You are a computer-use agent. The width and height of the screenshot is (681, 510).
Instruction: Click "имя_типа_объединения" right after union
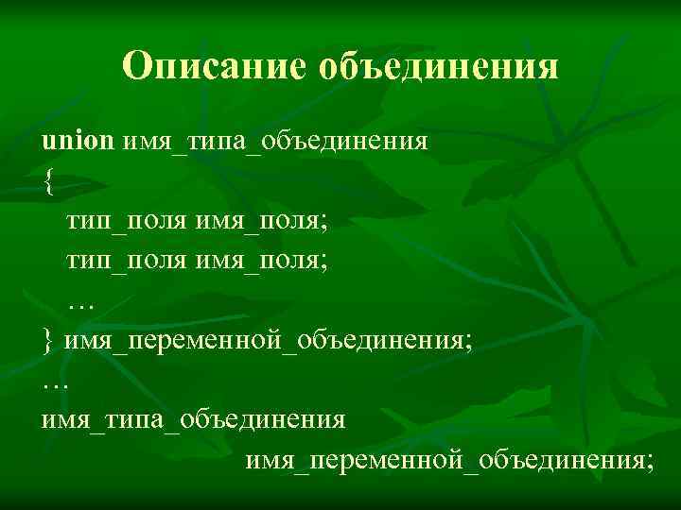pos(275,144)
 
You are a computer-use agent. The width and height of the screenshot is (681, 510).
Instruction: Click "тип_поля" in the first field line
pos(127,222)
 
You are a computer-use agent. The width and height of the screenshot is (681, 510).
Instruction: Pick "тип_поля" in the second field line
pos(127,260)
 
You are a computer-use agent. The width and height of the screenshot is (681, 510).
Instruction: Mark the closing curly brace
pos(48,340)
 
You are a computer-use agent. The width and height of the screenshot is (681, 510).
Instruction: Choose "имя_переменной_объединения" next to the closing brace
pos(264,340)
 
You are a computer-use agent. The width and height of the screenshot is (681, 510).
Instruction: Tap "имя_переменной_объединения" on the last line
pos(445,460)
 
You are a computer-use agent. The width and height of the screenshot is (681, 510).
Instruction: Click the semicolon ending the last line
pos(649,460)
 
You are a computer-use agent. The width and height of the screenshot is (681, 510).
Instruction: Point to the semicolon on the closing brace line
pos(467,340)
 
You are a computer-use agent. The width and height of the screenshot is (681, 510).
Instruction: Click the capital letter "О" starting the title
pos(138,66)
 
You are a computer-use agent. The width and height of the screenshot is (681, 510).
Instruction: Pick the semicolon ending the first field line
pos(324,223)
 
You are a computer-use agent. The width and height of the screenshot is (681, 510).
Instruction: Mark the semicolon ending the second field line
pos(324,261)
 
